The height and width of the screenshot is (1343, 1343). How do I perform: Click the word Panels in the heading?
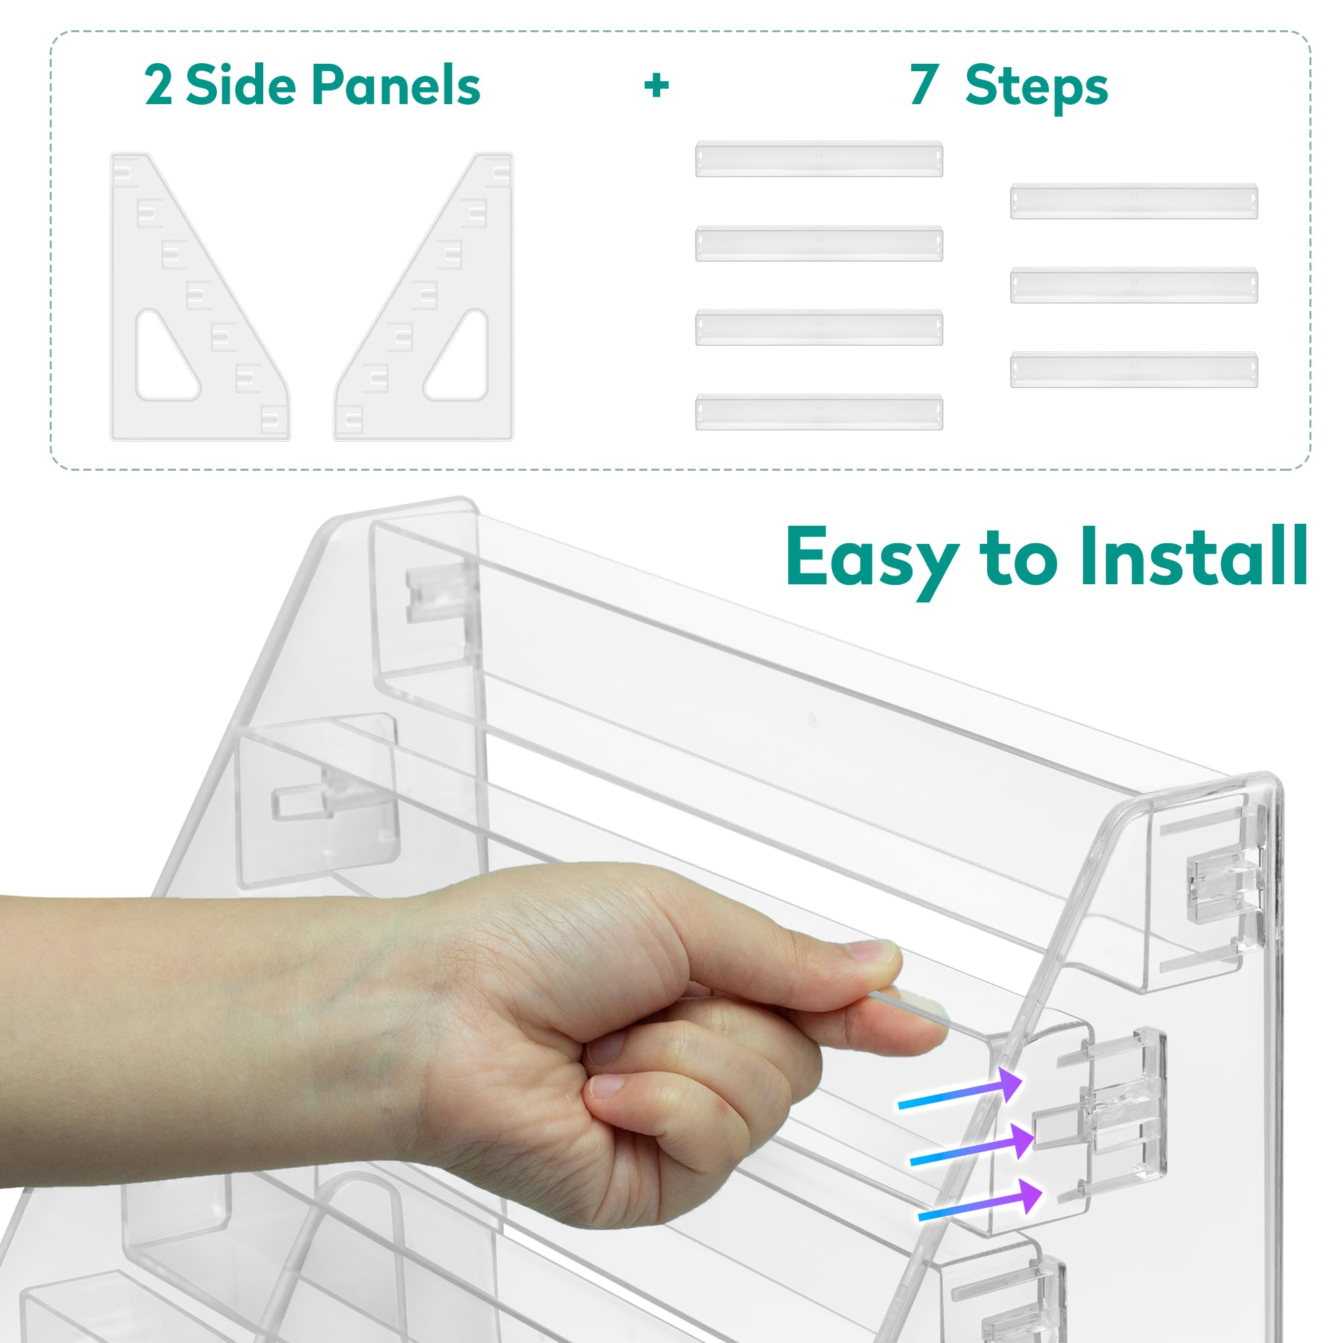click(396, 85)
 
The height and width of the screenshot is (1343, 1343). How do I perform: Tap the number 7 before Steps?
click(923, 85)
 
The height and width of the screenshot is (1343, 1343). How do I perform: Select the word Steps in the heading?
click(1036, 87)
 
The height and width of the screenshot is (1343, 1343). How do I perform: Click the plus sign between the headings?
click(656, 85)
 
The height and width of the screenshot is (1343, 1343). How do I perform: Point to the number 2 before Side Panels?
click(158, 85)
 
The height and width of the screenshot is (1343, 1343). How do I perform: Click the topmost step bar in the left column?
click(819, 159)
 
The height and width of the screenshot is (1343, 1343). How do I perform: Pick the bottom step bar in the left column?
click(819, 412)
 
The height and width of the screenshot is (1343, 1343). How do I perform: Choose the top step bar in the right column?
click(1133, 201)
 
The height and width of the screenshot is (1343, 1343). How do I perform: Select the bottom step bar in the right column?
click(1133, 369)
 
